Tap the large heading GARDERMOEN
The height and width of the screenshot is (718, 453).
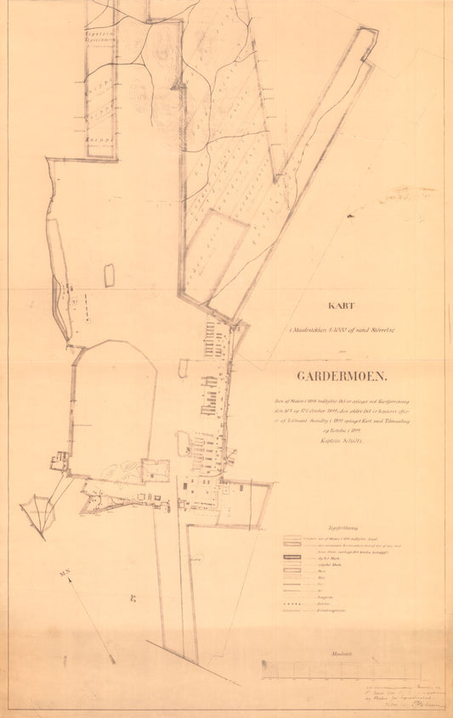coord(341,375)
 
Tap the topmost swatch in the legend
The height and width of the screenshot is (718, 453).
coord(293,537)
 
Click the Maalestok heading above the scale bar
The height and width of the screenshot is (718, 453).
coord(343,653)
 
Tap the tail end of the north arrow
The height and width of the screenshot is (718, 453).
coord(111,659)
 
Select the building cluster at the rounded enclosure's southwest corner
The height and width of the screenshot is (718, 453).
coord(59,463)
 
